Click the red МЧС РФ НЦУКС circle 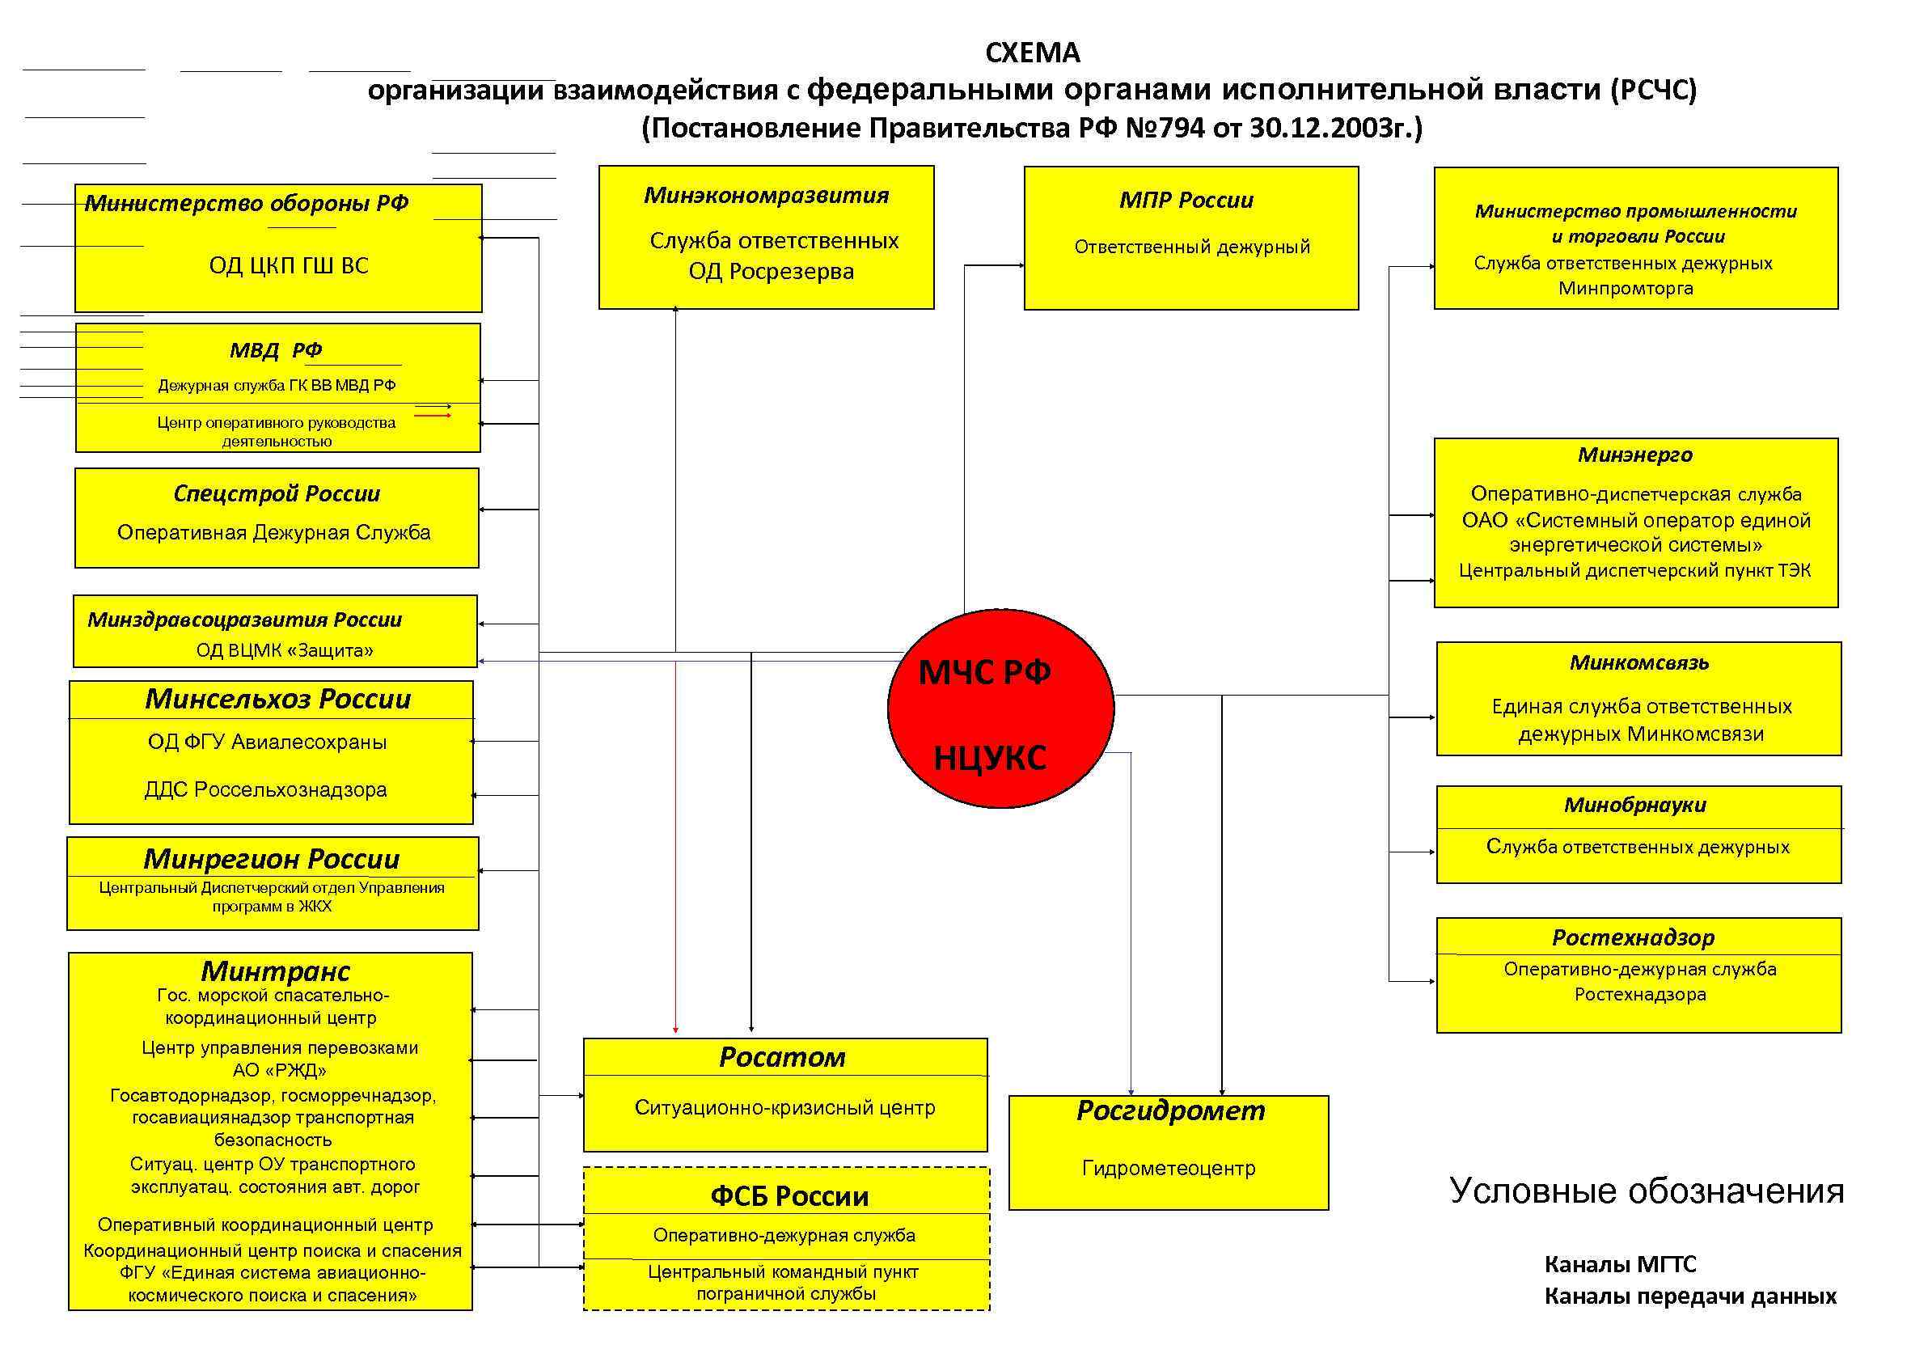click(1000, 708)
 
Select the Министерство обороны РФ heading click(246, 203)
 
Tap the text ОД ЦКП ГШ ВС click(288, 265)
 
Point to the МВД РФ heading click(276, 349)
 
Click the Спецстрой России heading click(277, 493)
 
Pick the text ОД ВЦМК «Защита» click(285, 650)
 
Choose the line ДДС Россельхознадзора click(265, 789)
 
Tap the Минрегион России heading click(271, 858)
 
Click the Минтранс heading click(275, 971)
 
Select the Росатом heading click(782, 1057)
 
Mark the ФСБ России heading click(789, 1195)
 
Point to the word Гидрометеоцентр click(1168, 1168)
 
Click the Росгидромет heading click(1169, 1110)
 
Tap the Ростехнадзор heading click(1633, 937)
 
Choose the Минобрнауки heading click(1634, 805)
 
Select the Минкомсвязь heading click(1638, 662)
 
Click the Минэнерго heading click(1635, 455)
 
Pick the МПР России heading click(1186, 200)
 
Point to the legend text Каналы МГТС click(1620, 1264)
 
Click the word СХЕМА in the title click(1032, 53)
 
